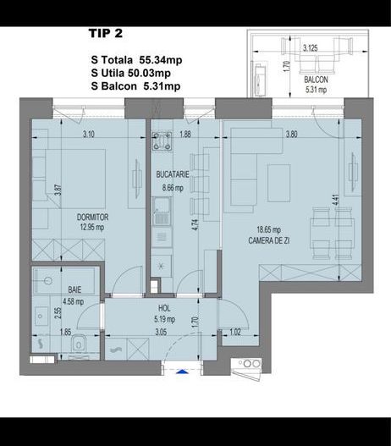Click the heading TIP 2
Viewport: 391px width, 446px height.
(x=106, y=34)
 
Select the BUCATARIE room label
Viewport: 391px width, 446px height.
(x=172, y=173)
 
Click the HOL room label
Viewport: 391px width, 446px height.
(x=165, y=308)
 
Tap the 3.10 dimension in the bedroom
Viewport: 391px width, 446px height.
(x=88, y=134)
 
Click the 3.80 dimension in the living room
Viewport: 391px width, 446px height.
(x=292, y=134)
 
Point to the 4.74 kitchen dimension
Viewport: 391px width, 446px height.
(x=195, y=225)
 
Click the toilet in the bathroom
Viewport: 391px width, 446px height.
(x=78, y=344)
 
